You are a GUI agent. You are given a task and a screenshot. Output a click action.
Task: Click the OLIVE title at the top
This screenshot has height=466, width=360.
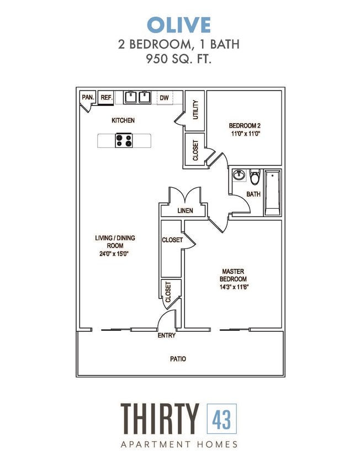(x=179, y=25)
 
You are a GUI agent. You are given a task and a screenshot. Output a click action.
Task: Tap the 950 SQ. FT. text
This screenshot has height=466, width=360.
(x=179, y=60)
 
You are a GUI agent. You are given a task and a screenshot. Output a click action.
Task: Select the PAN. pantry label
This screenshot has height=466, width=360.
(x=88, y=97)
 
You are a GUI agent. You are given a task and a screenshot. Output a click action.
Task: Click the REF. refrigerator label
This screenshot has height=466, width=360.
(x=107, y=98)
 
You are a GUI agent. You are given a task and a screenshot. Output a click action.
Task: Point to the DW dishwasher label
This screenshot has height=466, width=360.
(x=164, y=98)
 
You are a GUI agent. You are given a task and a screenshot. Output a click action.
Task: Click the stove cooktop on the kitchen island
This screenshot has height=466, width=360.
(x=124, y=141)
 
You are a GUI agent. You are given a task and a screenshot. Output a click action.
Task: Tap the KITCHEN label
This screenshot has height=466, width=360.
(x=123, y=120)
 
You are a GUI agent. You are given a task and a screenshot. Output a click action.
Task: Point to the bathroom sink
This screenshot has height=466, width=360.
(x=239, y=176)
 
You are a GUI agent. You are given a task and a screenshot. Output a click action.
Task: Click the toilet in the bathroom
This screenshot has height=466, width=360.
(x=255, y=178)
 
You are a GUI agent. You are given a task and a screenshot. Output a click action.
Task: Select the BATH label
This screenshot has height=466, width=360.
(x=253, y=194)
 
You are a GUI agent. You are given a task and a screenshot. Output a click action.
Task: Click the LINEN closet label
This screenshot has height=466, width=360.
(x=184, y=211)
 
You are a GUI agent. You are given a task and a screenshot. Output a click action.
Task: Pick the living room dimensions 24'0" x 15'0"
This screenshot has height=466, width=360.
(x=115, y=254)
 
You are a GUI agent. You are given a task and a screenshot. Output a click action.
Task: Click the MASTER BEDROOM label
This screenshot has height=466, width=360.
(x=234, y=275)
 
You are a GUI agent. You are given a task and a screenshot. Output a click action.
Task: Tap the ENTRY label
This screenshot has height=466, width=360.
(x=167, y=336)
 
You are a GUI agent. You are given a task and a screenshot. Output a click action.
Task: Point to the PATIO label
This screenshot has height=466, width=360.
(x=178, y=359)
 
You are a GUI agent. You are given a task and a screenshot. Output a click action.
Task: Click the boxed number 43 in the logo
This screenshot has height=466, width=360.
(x=221, y=419)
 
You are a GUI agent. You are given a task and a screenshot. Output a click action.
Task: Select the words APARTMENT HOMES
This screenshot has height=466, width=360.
(x=179, y=444)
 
